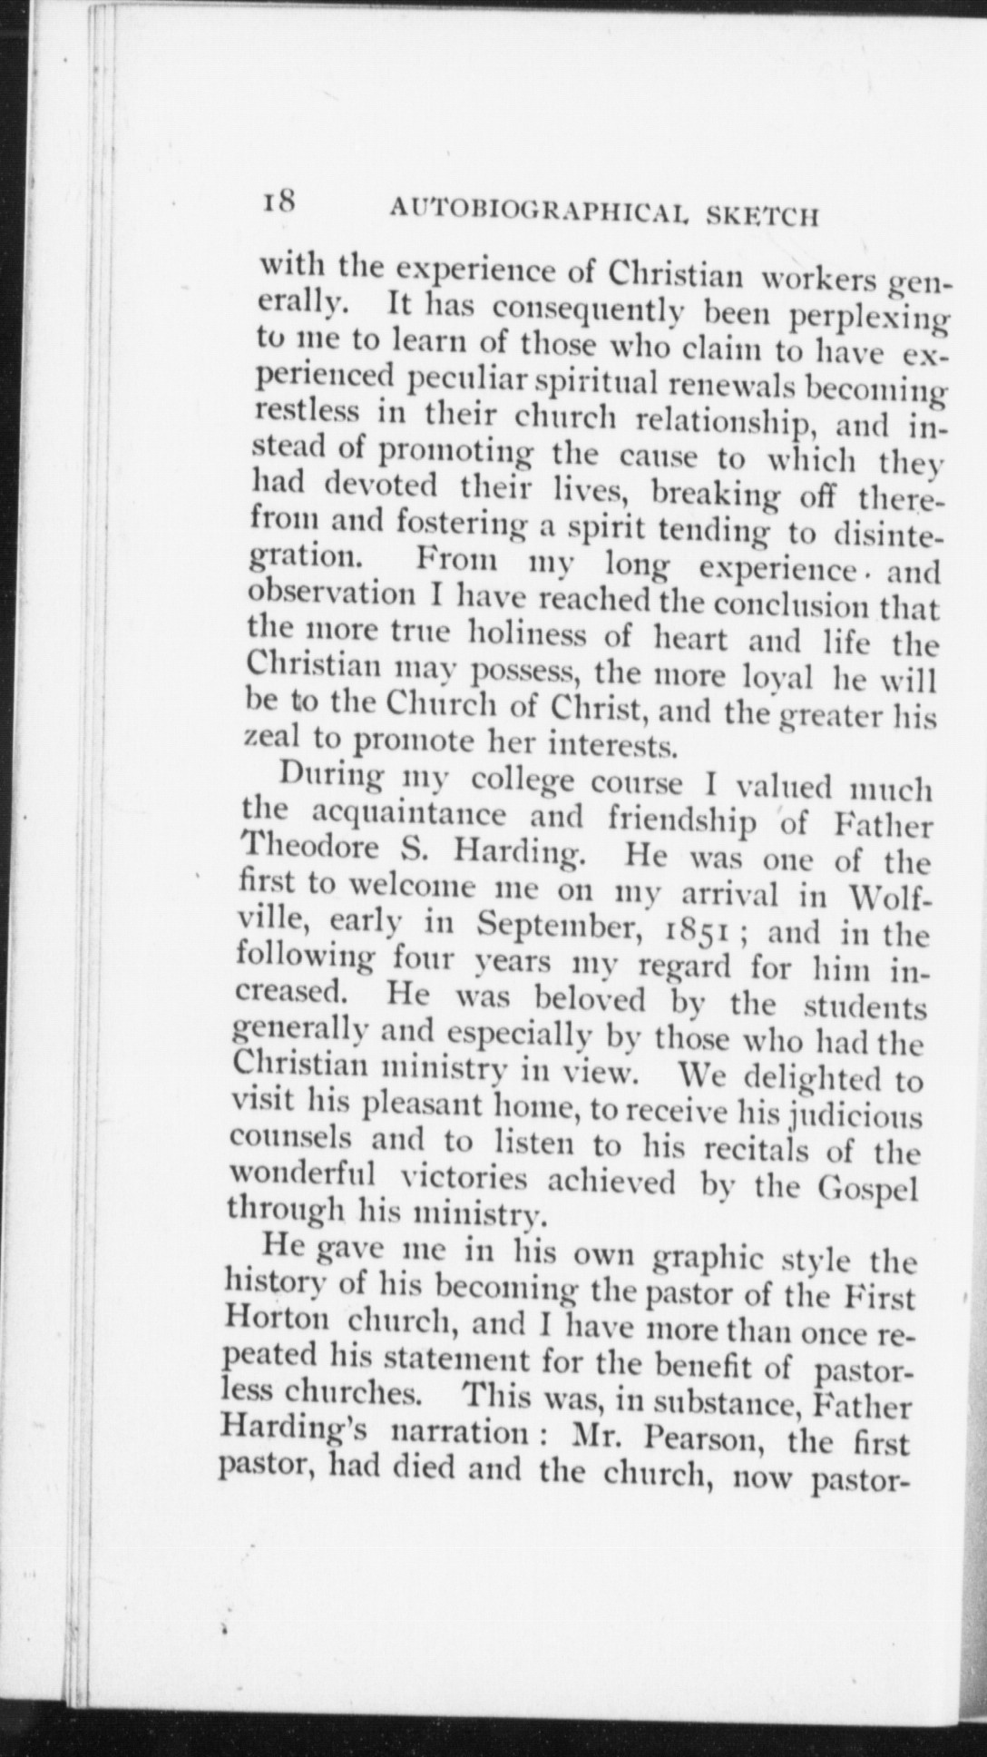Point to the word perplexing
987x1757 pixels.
868,321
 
